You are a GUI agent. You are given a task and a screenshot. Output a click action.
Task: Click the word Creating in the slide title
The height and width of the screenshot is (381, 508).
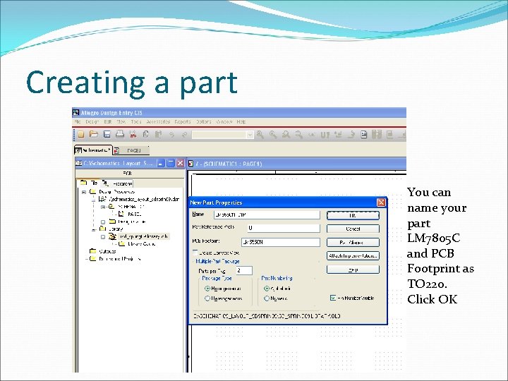click(x=77, y=83)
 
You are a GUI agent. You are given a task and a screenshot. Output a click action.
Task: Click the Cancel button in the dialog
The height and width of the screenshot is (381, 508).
click(x=353, y=228)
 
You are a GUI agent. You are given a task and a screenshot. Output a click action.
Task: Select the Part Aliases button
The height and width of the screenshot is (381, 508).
click(x=353, y=241)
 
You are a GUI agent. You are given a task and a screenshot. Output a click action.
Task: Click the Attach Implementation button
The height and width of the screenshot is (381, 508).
click(x=353, y=255)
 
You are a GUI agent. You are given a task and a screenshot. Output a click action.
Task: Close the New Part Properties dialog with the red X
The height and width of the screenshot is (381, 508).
click(x=381, y=202)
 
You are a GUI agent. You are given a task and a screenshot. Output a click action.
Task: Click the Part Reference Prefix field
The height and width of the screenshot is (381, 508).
click(x=282, y=228)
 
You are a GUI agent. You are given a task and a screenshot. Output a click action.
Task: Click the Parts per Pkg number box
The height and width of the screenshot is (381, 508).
click(x=243, y=270)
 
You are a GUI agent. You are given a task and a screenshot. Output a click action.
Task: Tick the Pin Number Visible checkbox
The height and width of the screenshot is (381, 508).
click(x=334, y=297)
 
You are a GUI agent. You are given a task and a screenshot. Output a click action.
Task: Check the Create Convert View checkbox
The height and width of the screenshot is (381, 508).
click(x=195, y=252)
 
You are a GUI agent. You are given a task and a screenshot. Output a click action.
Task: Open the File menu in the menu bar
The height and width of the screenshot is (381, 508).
click(x=78, y=122)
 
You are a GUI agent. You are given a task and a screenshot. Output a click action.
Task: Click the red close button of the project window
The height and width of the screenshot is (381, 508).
click(x=180, y=164)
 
